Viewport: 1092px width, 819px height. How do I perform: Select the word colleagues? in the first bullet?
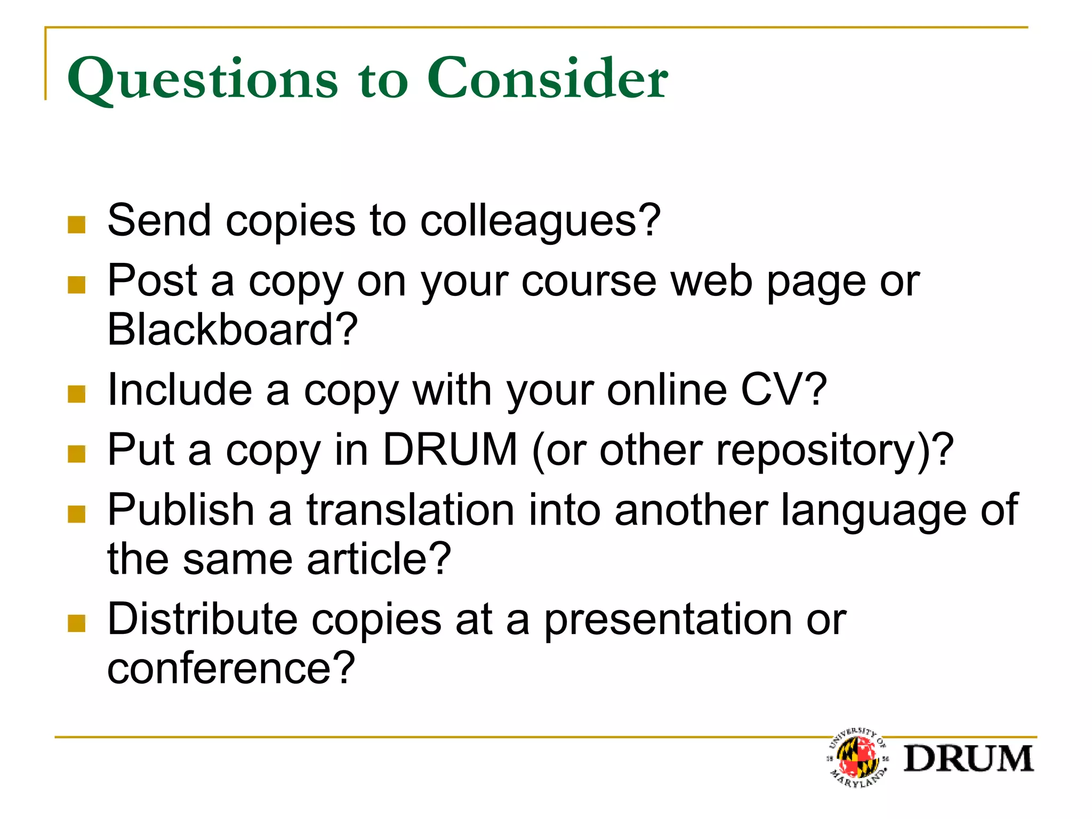(x=540, y=221)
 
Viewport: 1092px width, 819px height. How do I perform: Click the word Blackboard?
(x=232, y=330)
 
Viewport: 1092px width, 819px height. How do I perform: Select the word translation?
(x=411, y=510)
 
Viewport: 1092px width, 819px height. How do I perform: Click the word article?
(x=379, y=559)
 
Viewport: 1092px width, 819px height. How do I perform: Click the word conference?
(x=231, y=668)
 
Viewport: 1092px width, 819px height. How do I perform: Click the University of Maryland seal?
(x=858, y=757)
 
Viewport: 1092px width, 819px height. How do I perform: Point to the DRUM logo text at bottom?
(x=968, y=758)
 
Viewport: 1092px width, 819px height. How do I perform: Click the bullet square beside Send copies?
(x=77, y=225)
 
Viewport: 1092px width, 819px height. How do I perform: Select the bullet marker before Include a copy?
(x=77, y=394)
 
